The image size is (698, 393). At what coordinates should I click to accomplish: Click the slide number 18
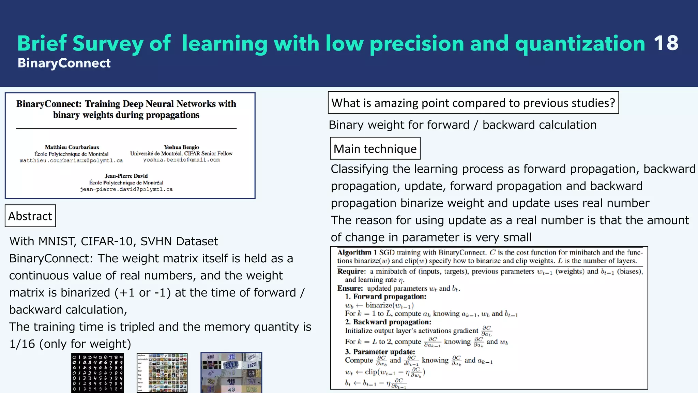tap(666, 43)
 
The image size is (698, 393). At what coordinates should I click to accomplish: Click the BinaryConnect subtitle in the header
tap(64, 63)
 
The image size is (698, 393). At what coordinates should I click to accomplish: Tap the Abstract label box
tap(30, 216)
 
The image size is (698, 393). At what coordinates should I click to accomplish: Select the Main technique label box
tap(375, 149)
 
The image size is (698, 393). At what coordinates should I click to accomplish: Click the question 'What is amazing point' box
tap(473, 103)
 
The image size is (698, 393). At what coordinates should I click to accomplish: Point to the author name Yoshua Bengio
tap(181, 147)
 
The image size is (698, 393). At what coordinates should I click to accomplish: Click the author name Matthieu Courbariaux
tap(72, 147)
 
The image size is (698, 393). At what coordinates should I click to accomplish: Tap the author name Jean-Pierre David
tap(126, 176)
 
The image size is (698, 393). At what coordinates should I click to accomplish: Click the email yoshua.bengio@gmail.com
tap(181, 160)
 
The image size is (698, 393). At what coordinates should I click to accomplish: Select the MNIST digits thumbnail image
tap(97, 373)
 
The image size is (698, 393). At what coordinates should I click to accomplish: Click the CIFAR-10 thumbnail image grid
tap(162, 373)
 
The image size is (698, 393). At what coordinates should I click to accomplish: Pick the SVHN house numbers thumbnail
tap(231, 373)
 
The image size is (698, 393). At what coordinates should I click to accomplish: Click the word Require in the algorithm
tap(351, 272)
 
